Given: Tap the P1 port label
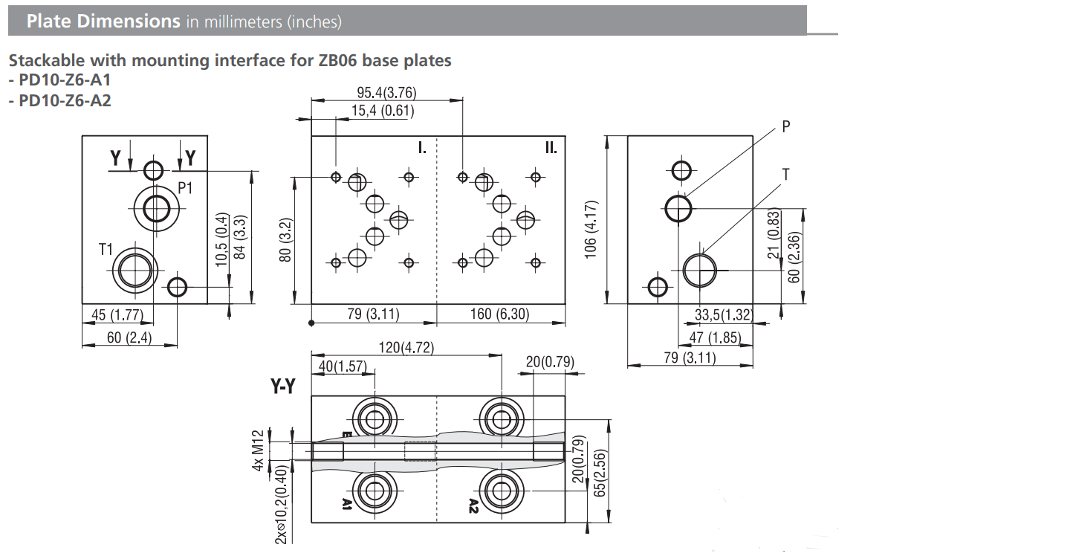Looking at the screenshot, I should pos(185,188).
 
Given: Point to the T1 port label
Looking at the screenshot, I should pos(106,250).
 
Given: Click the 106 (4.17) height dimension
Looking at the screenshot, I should pos(590,227).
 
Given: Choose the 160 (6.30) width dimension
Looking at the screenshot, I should pos(499,314).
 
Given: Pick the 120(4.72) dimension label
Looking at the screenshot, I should pos(406,347).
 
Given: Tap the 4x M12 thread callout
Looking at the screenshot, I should pos(259,450).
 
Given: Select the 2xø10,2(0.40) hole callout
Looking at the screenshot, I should pos(281,507).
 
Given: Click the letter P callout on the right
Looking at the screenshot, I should pos(786,127).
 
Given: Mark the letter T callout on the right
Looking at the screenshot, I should pos(785,175).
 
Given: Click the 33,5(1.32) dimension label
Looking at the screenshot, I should pos(723,314).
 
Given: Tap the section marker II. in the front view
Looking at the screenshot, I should pos(550,148).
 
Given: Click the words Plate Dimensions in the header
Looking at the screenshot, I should pos(103,21).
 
